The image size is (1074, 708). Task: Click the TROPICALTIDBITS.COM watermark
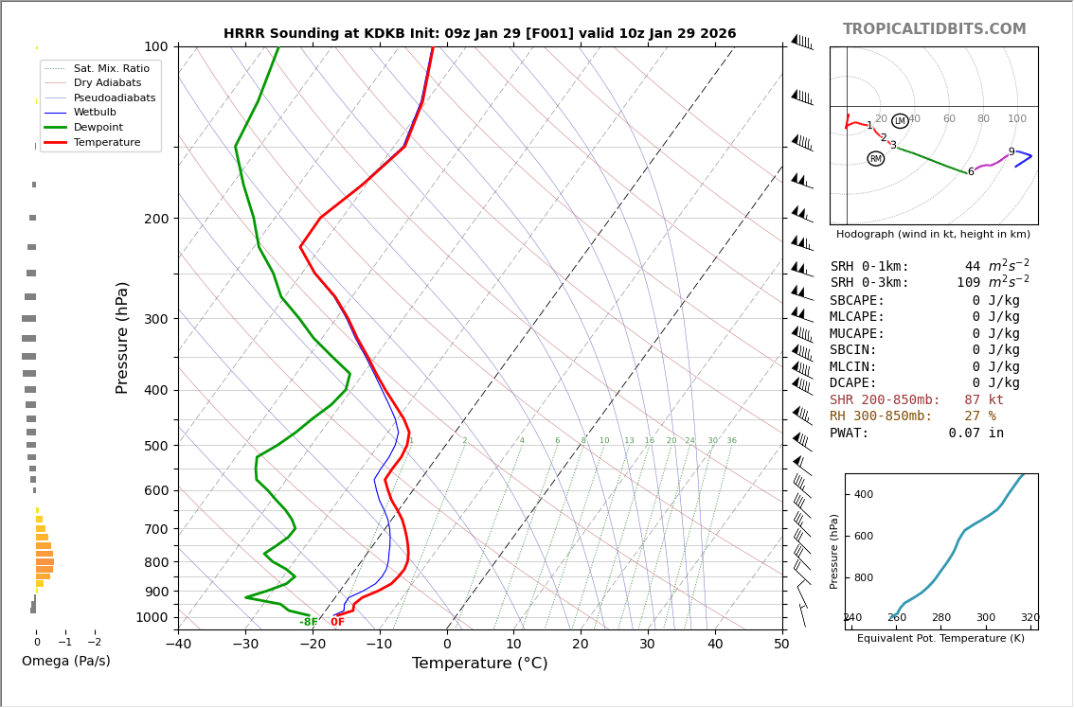(x=934, y=29)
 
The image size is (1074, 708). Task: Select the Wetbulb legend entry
(x=95, y=112)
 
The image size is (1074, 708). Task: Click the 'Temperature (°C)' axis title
(x=479, y=664)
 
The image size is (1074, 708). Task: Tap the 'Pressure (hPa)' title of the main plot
(x=123, y=338)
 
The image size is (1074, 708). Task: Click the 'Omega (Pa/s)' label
(x=65, y=662)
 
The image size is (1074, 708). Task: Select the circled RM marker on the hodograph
(x=875, y=159)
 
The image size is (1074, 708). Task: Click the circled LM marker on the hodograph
(x=900, y=121)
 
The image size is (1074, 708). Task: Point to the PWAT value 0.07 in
(x=976, y=434)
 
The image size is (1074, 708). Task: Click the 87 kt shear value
(x=983, y=400)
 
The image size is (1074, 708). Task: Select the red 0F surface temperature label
(x=337, y=623)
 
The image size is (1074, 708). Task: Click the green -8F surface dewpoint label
(x=308, y=623)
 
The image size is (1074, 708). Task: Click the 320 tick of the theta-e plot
(x=1029, y=618)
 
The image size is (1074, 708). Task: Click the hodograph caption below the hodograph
(x=933, y=235)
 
